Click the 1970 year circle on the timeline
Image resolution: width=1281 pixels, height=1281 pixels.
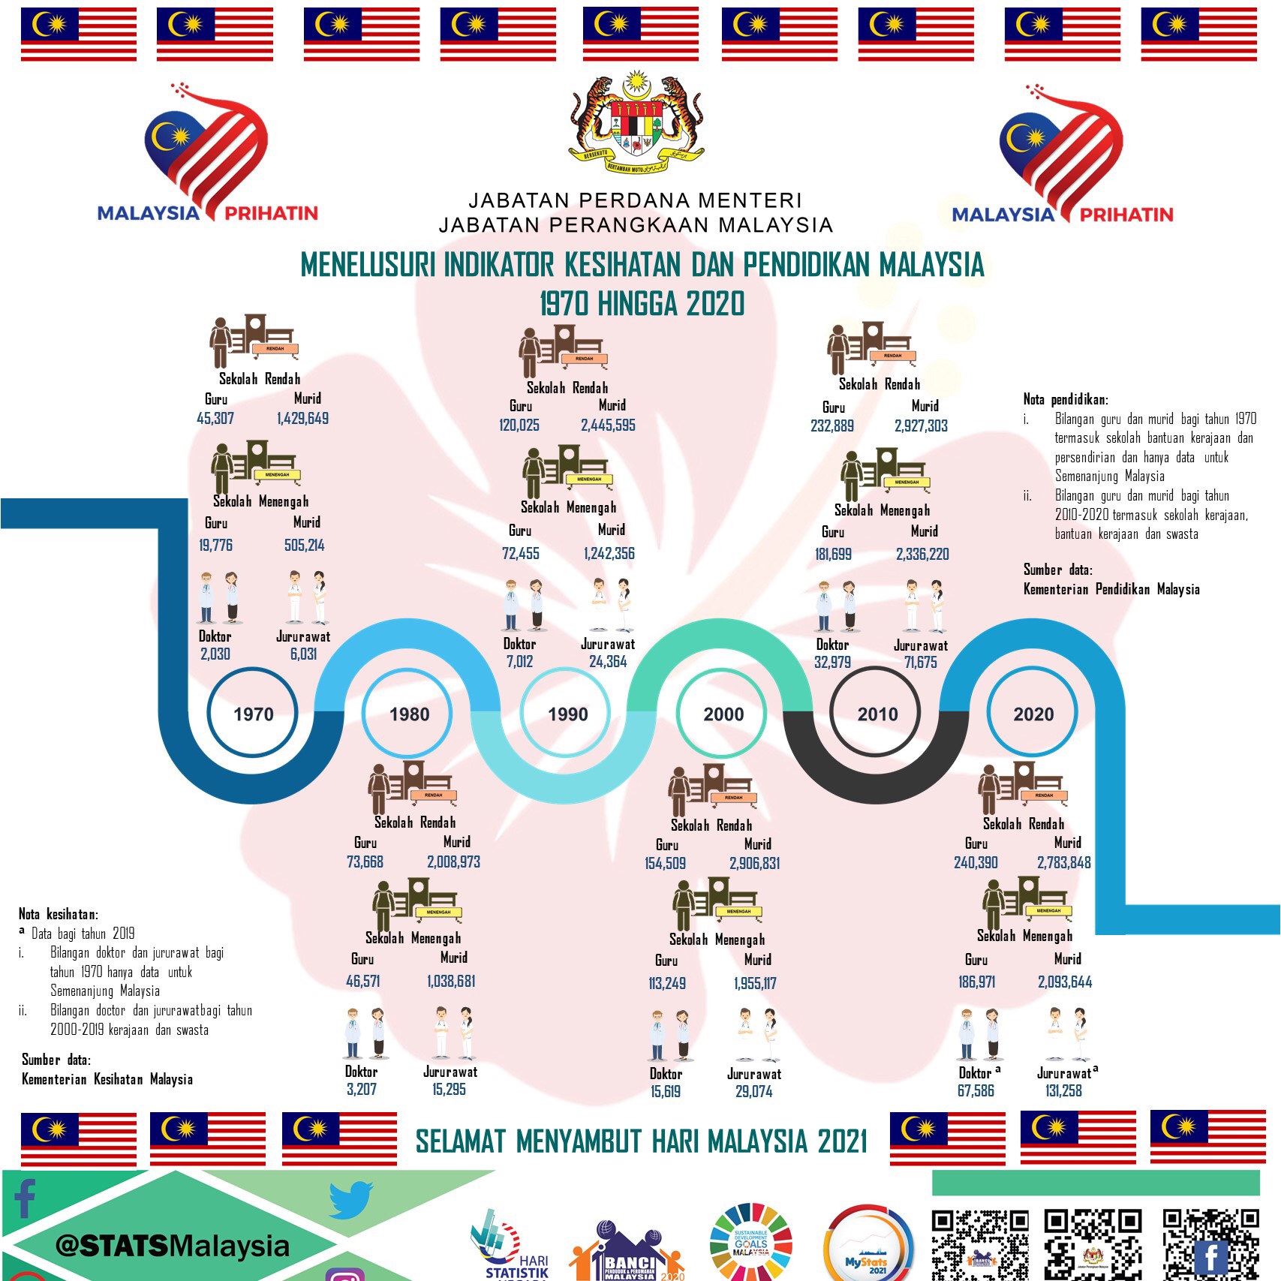[x=253, y=714]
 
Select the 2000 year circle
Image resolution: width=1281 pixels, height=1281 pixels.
[x=723, y=714]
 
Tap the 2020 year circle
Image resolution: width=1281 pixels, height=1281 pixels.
[x=1033, y=714]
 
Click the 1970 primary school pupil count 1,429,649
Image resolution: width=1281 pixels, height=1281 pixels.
[x=302, y=419]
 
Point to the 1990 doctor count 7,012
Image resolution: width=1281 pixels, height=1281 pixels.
[x=519, y=662]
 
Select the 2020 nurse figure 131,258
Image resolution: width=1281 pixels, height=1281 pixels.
[x=1063, y=1091]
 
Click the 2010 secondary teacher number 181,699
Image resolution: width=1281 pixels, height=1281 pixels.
[x=832, y=555]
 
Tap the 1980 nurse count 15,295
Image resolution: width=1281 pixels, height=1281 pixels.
[x=449, y=1090]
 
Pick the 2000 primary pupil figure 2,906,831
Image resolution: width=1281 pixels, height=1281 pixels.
[x=754, y=864]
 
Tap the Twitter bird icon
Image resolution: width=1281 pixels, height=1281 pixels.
[x=350, y=1200]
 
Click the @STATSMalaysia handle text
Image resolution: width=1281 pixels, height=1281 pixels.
[x=172, y=1246]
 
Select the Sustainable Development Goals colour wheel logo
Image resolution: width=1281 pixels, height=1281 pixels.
[x=750, y=1242]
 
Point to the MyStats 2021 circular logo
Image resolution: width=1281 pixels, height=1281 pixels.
[x=868, y=1246]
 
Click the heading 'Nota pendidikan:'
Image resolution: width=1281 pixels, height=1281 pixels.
[x=1065, y=399]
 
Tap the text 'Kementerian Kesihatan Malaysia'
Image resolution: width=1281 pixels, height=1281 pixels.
[x=107, y=1079]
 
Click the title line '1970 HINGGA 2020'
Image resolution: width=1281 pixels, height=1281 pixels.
[x=642, y=304]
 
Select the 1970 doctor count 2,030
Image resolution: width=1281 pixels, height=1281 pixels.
[x=215, y=654]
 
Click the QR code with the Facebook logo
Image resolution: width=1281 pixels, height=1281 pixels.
[x=1210, y=1244]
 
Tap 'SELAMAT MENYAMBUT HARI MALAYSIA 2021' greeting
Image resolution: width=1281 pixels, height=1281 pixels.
[x=641, y=1141]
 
